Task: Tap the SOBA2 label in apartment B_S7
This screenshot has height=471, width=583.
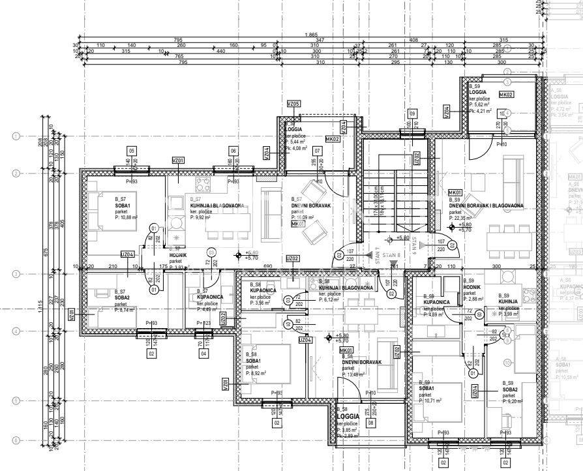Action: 122,297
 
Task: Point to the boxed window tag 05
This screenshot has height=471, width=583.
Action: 132,151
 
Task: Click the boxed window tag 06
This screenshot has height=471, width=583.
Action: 233,151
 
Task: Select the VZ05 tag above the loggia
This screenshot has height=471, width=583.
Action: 293,104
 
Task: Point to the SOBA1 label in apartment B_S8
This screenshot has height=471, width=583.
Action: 253,361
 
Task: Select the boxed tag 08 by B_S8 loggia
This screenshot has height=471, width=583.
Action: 371,423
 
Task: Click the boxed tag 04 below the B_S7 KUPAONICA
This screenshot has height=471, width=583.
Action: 204,354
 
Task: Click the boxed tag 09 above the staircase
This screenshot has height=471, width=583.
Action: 412,112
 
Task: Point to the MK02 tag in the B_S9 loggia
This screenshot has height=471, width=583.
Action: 506,94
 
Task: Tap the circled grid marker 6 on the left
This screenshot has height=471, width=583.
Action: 15,441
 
